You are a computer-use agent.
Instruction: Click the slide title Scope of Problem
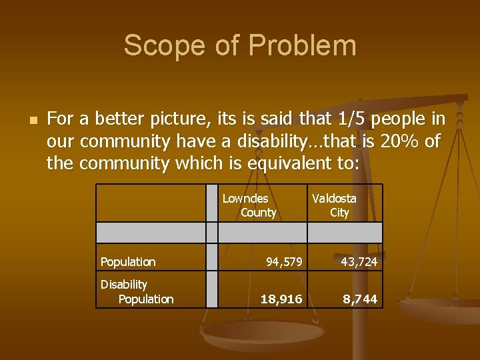(240, 46)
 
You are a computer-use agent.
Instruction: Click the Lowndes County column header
(249, 205)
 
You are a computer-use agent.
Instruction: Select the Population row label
(128, 262)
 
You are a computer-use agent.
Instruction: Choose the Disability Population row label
(137, 292)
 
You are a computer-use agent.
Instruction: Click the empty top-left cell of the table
(151, 203)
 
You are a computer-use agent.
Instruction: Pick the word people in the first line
(402, 119)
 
